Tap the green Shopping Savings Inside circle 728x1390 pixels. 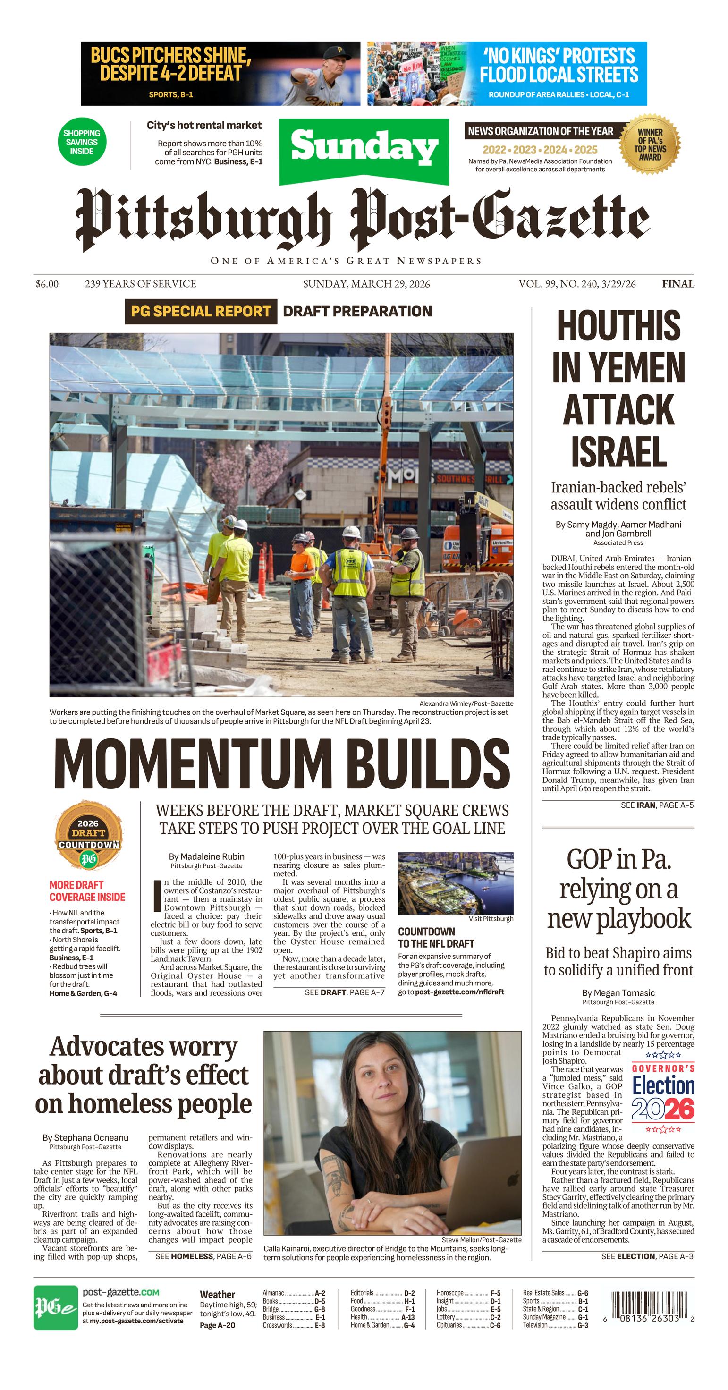click(x=82, y=142)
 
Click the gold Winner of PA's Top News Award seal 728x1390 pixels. click(x=650, y=144)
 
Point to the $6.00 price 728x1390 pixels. click(x=47, y=284)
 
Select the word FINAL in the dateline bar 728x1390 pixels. click(x=678, y=284)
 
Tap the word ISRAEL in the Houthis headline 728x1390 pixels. click(x=618, y=452)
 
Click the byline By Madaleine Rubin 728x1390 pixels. click(x=207, y=856)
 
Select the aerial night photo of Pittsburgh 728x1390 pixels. click(x=456, y=883)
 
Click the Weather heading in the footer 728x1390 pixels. click(x=217, y=1295)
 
